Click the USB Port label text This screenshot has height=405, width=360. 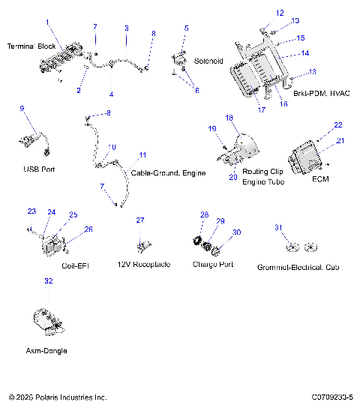pyautogui.click(x=38, y=169)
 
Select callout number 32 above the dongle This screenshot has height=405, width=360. pyautogui.click(x=49, y=280)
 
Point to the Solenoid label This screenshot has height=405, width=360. pyautogui.click(x=209, y=60)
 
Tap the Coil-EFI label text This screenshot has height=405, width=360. pyautogui.click(x=74, y=265)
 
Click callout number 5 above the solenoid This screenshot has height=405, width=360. pyautogui.click(x=186, y=28)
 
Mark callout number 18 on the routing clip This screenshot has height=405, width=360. pyautogui.click(x=230, y=118)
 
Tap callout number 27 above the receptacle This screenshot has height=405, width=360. pyautogui.click(x=139, y=220)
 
